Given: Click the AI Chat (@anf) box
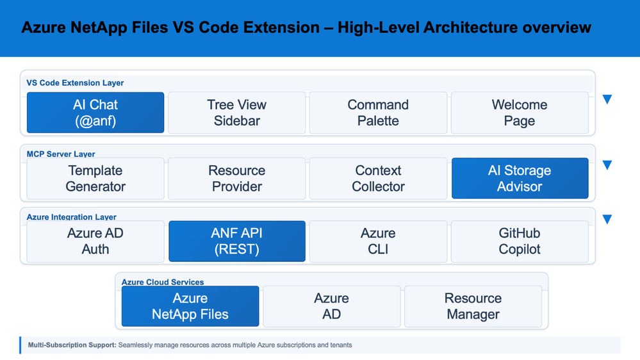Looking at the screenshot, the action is (95, 113).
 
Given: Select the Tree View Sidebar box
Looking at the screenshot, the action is (237, 113).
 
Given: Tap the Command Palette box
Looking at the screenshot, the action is (378, 113).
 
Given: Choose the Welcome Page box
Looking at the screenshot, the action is (519, 113).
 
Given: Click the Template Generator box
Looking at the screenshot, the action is (95, 178).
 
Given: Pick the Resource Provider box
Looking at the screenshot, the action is (237, 178).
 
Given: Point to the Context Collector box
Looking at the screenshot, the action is (378, 178).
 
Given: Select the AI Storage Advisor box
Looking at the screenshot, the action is (520, 178).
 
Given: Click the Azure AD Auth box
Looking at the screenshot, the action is (95, 241).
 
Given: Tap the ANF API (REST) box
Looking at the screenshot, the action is (237, 241).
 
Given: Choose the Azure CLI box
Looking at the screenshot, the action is (378, 241).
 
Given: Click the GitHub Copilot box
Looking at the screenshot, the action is (519, 241).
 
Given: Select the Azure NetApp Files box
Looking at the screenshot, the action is (190, 306).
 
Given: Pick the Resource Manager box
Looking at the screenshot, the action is (473, 306).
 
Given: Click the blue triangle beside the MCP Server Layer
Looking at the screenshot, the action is (607, 165).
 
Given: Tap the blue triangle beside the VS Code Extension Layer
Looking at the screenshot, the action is (607, 99).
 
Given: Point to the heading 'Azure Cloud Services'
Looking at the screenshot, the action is (163, 282).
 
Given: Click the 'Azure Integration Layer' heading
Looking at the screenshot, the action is (71, 217).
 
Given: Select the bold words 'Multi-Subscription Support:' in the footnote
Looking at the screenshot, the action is (72, 345).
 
